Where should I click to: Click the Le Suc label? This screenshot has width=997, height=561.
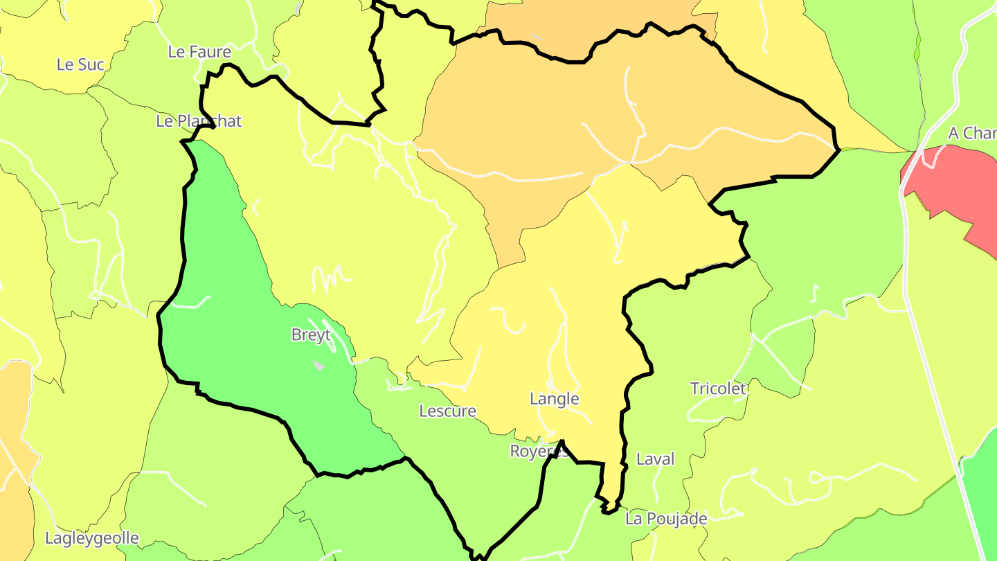pyautogui.click(x=80, y=64)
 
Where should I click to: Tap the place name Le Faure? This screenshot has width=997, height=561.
pyautogui.click(x=199, y=52)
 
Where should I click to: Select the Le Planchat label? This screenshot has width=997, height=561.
pyautogui.click(x=199, y=121)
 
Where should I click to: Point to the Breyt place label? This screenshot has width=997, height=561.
pyautogui.click(x=311, y=335)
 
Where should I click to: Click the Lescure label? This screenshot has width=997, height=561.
pyautogui.click(x=447, y=411)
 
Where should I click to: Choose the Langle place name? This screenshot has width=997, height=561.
pyautogui.click(x=554, y=399)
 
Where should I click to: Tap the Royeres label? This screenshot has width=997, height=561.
pyautogui.click(x=539, y=452)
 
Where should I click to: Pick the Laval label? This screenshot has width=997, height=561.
pyautogui.click(x=655, y=459)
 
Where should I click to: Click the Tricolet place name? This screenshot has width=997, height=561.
pyautogui.click(x=718, y=389)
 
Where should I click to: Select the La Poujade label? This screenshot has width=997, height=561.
pyautogui.click(x=666, y=519)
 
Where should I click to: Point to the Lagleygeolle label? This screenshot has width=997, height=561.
pyautogui.click(x=92, y=538)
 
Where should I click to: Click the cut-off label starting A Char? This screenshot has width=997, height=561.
pyautogui.click(x=971, y=133)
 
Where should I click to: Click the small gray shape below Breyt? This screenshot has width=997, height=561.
pyautogui.click(x=318, y=365)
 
